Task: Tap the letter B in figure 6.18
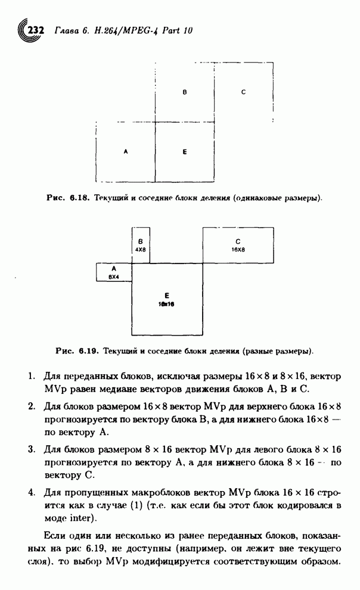coord(185,92)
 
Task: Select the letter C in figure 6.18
coord(244,92)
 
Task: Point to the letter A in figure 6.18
coord(125,152)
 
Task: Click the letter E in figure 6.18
coord(185,152)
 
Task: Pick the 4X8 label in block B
coord(141,250)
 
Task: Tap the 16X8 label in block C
coord(238,250)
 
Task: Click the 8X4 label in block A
coord(113,277)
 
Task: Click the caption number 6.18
coord(79,197)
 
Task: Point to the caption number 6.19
coord(88,351)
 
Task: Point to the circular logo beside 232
coord(24,30)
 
